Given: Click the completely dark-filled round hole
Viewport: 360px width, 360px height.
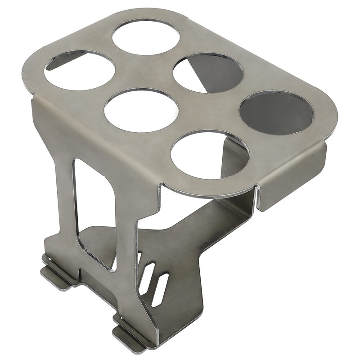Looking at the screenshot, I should click(276, 113).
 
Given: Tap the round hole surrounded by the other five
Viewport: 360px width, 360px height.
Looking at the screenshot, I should click(141, 110).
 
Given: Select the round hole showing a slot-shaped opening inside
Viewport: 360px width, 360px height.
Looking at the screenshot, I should click(80, 70).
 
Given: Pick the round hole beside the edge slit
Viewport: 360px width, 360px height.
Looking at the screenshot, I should click(209, 155).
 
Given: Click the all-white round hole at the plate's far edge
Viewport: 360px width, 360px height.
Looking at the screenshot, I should click(146, 37).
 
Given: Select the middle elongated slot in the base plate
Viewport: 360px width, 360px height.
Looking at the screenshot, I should click(149, 279).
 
